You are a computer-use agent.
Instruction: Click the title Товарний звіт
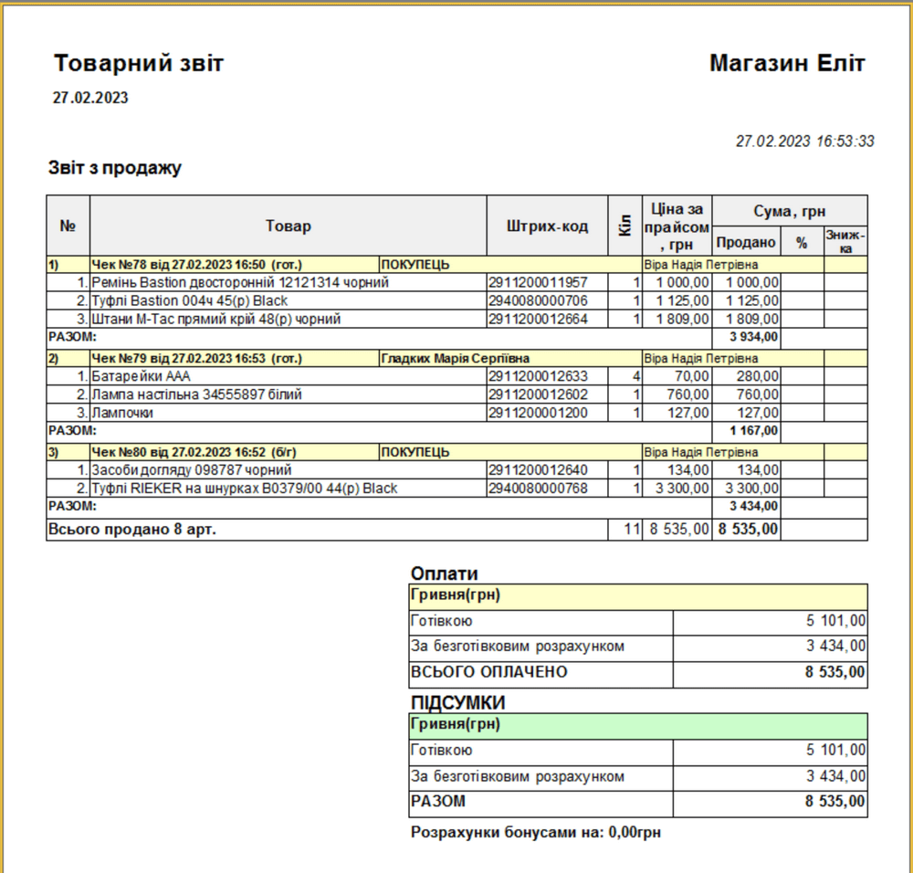(139, 64)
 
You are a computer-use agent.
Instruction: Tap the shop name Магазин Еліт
(787, 64)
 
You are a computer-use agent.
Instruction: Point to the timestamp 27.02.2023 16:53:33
(804, 142)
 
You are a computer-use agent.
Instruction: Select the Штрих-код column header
(547, 226)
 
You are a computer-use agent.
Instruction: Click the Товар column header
(288, 226)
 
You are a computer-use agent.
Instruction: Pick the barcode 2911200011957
(538, 283)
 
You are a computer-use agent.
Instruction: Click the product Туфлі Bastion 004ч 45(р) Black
(190, 301)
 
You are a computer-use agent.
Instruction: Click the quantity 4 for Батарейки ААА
(636, 376)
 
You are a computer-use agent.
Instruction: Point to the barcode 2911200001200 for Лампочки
(538, 413)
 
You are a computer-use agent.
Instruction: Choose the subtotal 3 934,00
(753, 337)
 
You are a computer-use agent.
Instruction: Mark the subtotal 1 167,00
(753, 431)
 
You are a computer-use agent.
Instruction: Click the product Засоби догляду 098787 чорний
(191, 470)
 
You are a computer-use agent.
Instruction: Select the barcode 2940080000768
(538, 489)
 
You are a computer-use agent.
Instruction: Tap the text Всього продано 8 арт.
(132, 529)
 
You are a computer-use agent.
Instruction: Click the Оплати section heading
(444, 573)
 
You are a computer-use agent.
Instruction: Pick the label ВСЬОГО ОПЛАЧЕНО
(489, 673)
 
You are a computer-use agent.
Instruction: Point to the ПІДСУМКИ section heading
(458, 703)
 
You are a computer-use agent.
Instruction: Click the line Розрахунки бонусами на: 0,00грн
(536, 833)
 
